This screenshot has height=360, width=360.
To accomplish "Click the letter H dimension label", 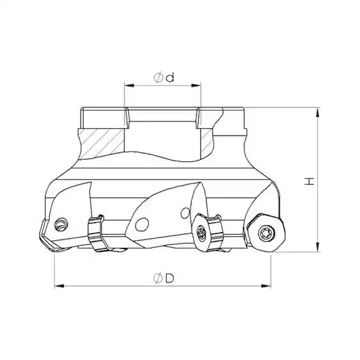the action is pos(309,181).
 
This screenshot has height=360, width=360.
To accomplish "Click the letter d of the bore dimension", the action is pos(170,78).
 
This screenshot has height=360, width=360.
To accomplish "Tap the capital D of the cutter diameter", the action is pos(170,279).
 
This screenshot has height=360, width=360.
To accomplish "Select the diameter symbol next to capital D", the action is pos(158,279).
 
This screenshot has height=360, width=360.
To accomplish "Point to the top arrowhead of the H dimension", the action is pos(318,112).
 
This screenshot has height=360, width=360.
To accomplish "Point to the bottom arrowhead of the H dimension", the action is pos(318,247).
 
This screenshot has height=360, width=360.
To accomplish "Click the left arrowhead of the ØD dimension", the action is pos(59,286).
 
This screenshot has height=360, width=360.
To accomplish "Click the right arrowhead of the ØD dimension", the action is pos(266,286).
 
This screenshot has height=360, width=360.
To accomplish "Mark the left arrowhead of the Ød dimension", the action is pos(129,86).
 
